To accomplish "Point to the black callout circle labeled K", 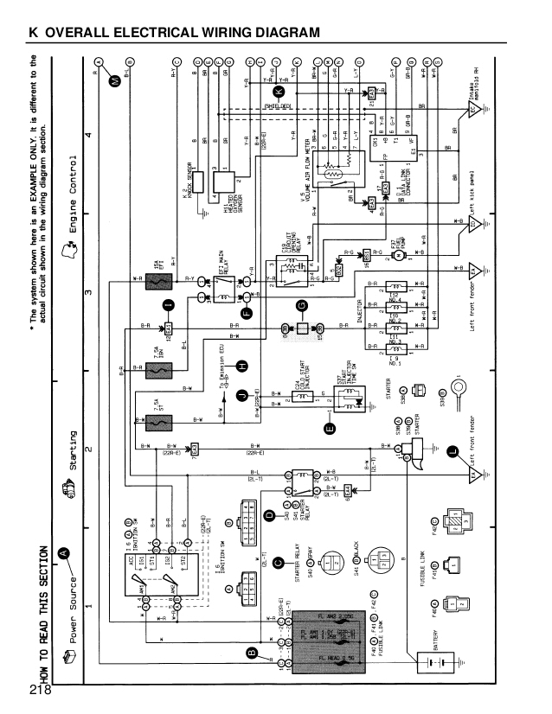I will [x=279, y=91].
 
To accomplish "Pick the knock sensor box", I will [x=197, y=182].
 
